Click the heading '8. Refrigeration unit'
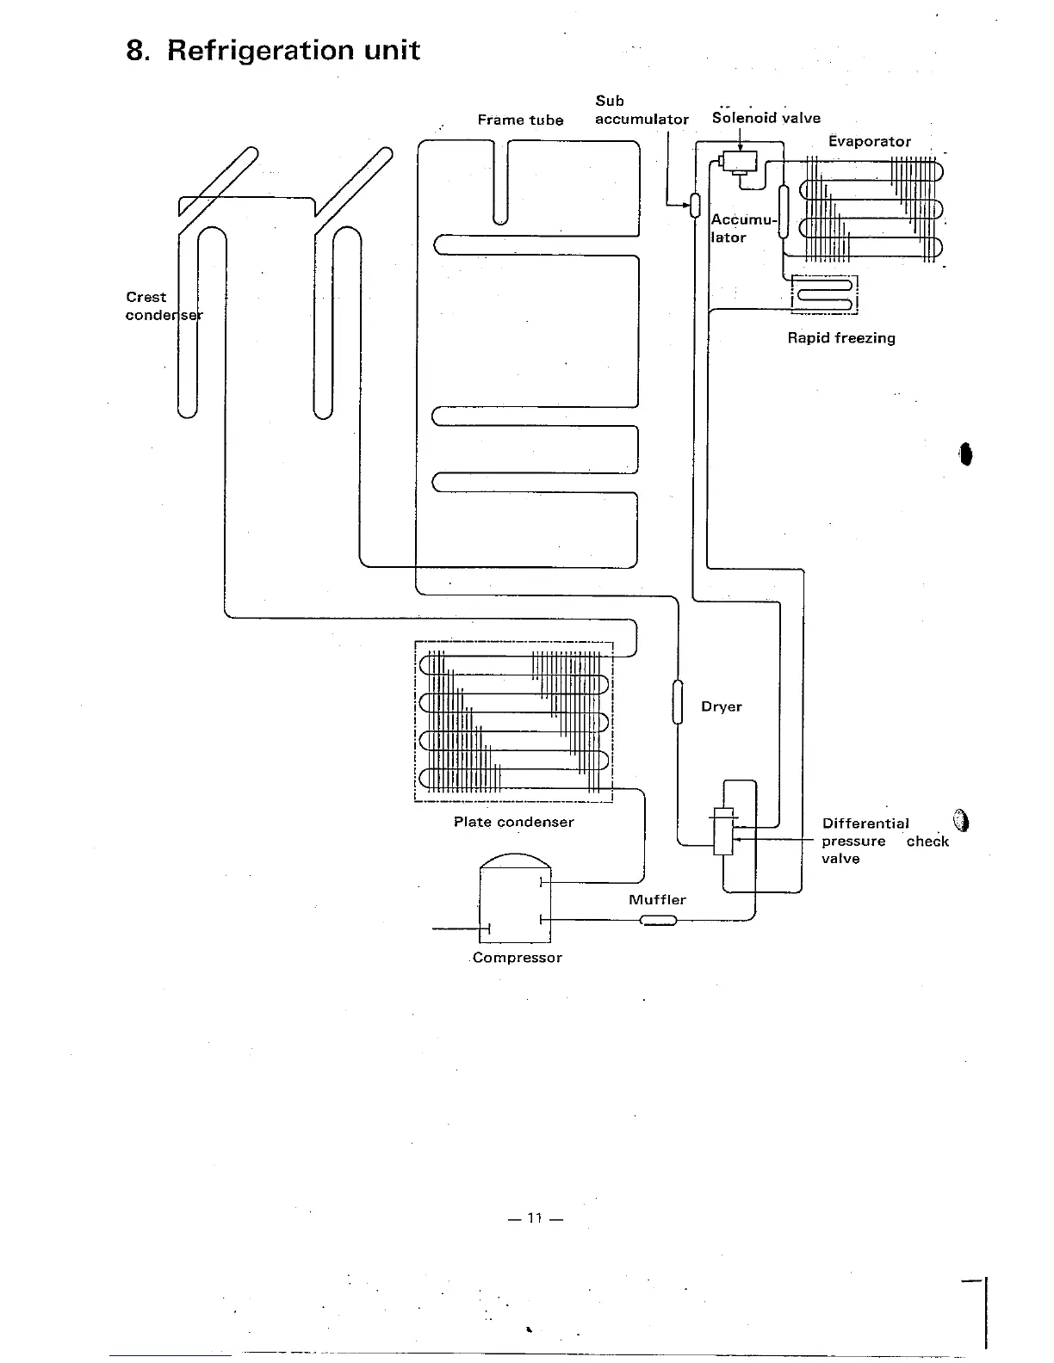(x=273, y=51)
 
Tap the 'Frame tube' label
(x=520, y=120)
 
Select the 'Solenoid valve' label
(x=766, y=119)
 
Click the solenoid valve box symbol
(x=739, y=161)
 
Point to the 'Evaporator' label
(x=869, y=142)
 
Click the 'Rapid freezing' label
(x=840, y=338)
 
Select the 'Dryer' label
(x=721, y=707)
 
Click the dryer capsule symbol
(x=678, y=702)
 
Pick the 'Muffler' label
(x=657, y=900)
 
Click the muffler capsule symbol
(x=659, y=921)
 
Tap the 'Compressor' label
(x=517, y=959)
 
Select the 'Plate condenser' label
(x=513, y=823)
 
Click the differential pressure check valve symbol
(x=723, y=830)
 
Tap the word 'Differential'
(x=865, y=824)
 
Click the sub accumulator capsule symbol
(x=694, y=205)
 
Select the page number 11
(x=535, y=1218)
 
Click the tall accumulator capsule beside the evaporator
(x=784, y=211)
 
